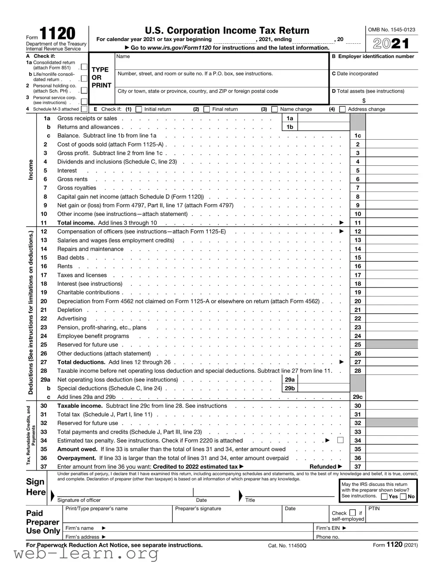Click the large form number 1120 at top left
(x=57, y=34)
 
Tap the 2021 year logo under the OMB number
(x=390, y=43)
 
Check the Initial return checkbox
(x=139, y=109)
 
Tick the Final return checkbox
(x=207, y=109)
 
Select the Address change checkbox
(x=343, y=109)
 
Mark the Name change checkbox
(x=274, y=109)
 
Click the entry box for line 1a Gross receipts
(x=323, y=119)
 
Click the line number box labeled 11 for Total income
(x=358, y=223)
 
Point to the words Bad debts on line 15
(x=71, y=258)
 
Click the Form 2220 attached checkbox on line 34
(x=340, y=440)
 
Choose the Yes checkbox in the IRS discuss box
(x=384, y=497)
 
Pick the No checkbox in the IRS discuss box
(x=403, y=497)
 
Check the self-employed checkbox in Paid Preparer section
(x=352, y=512)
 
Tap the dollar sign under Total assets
(x=364, y=101)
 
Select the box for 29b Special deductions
(x=323, y=389)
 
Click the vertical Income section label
(x=31, y=170)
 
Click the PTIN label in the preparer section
(x=374, y=509)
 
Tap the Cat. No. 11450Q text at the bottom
(x=287, y=545)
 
